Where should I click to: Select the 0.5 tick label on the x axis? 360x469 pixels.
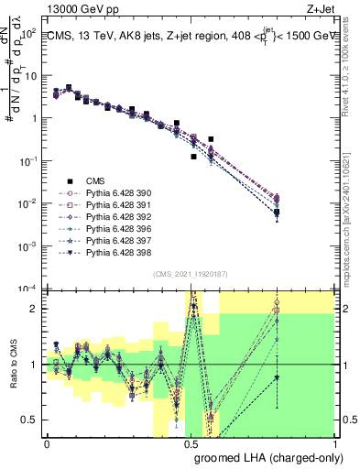pos(191,443)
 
